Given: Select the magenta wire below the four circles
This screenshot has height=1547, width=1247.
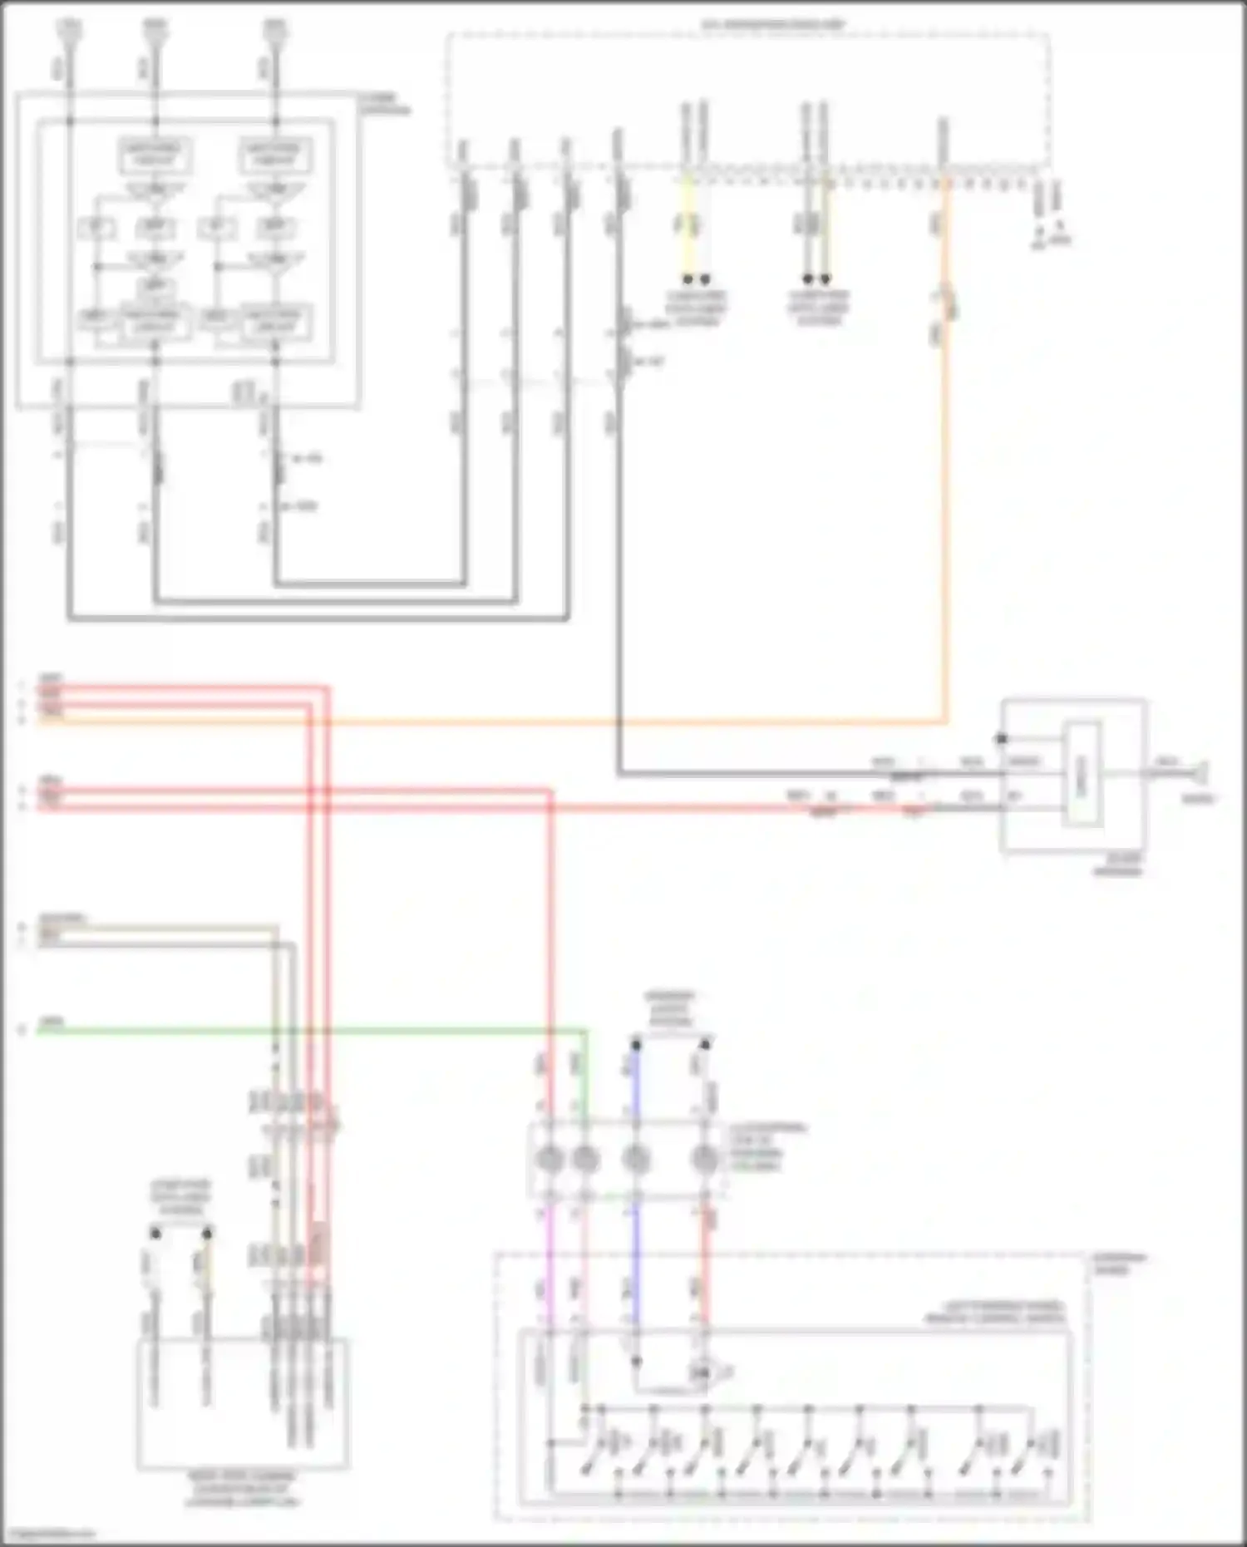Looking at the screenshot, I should point(548,1264).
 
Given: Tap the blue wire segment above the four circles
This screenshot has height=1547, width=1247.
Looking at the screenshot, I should point(636,1081).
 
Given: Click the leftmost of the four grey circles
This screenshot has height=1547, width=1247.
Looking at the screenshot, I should point(549,1158).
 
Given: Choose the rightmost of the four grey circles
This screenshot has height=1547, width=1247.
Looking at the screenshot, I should point(704,1158).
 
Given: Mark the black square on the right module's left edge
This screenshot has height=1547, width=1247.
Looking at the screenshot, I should point(1002,739).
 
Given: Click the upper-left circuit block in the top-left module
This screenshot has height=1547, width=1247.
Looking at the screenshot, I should point(155,155).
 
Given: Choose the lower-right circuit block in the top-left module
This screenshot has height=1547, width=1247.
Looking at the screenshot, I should point(275,323).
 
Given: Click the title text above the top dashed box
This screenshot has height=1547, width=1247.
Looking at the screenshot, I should point(773,25).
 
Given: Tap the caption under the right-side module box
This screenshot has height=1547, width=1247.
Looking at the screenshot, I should point(1117,865).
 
